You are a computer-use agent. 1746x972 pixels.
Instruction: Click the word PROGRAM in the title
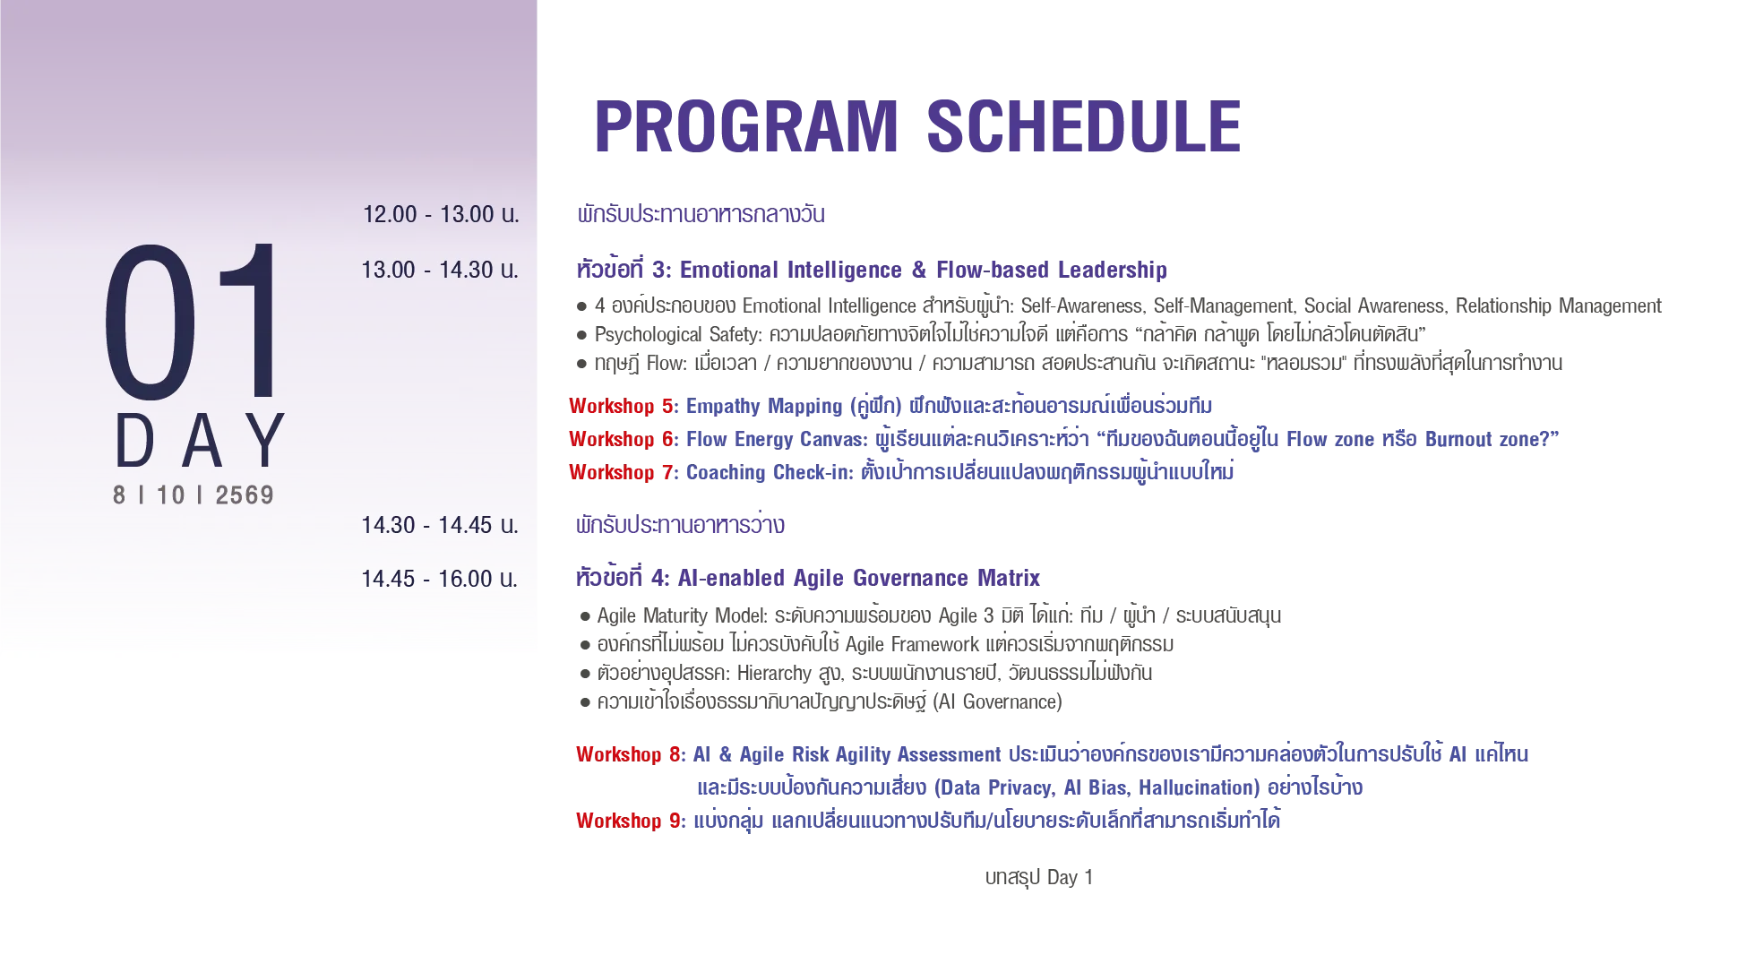(x=746, y=126)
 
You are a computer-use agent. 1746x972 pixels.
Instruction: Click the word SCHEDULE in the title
(x=1084, y=126)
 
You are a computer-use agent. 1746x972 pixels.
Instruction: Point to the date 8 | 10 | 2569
(x=194, y=495)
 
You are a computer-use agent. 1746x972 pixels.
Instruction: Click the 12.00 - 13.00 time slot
(x=441, y=215)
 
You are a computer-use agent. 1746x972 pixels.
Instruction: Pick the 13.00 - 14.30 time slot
(x=440, y=271)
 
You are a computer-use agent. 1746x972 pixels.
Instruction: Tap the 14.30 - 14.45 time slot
(x=440, y=525)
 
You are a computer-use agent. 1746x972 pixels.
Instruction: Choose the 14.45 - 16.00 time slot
(x=440, y=579)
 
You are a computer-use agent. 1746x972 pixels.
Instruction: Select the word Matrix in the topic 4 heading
(x=1009, y=578)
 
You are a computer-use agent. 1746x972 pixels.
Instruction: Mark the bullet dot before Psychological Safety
(x=581, y=336)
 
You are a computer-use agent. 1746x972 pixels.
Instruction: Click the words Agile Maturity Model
(x=682, y=616)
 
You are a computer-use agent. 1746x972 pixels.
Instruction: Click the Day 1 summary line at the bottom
(x=1039, y=878)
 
